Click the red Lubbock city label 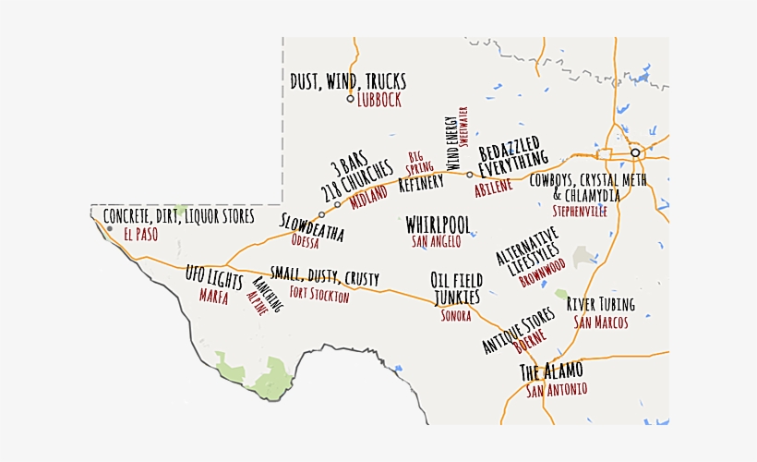pyautogui.click(x=379, y=101)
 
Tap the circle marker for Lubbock pyautogui.click(x=350, y=99)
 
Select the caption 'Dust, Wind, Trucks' pyautogui.click(x=348, y=81)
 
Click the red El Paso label pyautogui.click(x=140, y=235)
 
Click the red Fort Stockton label pyautogui.click(x=319, y=296)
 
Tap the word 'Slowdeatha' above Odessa pyautogui.click(x=312, y=227)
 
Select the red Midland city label pyautogui.click(x=369, y=195)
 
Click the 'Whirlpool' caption pyautogui.click(x=439, y=225)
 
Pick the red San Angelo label pyautogui.click(x=437, y=242)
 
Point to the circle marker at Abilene pyautogui.click(x=470, y=174)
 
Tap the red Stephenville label pyautogui.click(x=580, y=212)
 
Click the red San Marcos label pyautogui.click(x=601, y=322)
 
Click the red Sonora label pyautogui.click(x=455, y=316)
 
